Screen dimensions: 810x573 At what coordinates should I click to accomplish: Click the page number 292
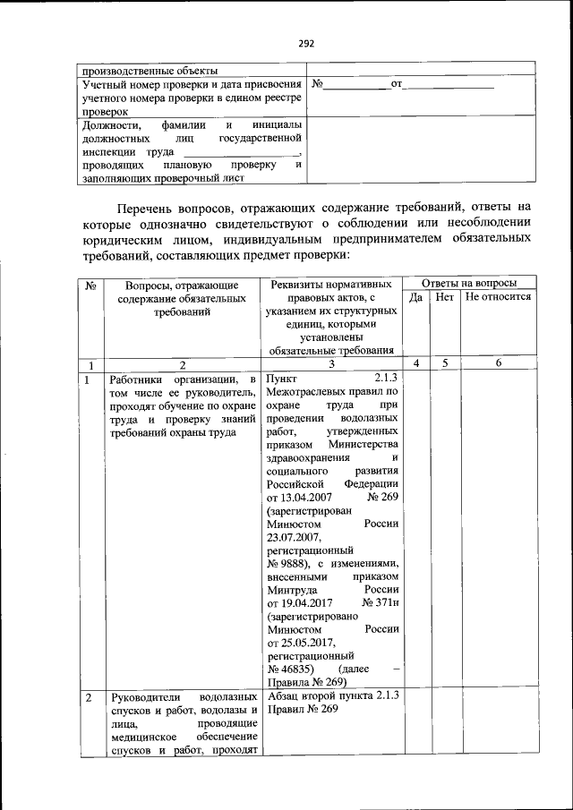306,42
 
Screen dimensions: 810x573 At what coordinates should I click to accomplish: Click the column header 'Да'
415,297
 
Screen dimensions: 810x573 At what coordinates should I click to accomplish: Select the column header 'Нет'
445,297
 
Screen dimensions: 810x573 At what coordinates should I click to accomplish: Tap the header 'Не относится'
499,297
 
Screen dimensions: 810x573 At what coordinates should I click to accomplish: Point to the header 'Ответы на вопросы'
468,283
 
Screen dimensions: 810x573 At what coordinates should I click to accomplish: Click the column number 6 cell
499,364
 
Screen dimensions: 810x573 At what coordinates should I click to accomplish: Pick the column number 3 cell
330,364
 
